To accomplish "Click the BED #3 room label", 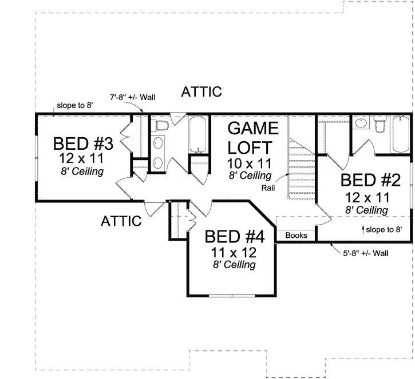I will (x=84, y=143).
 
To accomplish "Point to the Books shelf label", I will (x=296, y=235).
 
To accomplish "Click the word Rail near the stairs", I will (x=270, y=187).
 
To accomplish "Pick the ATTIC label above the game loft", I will (x=201, y=92).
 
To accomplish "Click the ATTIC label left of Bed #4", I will (x=121, y=221).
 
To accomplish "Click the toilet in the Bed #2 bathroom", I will (x=380, y=125).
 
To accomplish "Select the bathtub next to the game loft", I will (x=199, y=136).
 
